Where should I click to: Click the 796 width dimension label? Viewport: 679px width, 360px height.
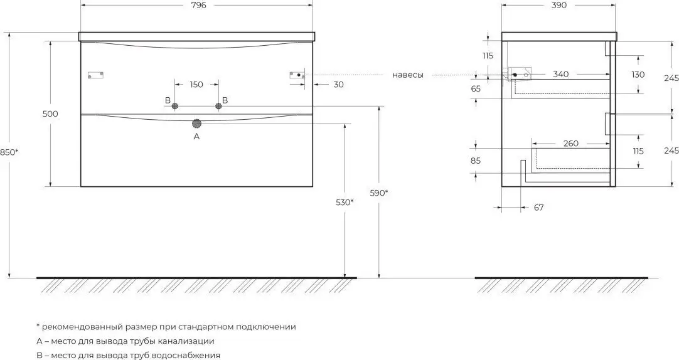click(197, 5)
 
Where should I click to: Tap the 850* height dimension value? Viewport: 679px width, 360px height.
click(9, 152)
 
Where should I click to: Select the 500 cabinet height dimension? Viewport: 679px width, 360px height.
click(50, 114)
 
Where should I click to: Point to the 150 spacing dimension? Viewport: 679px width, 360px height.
click(196, 85)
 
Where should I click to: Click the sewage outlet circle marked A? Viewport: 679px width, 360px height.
click(197, 124)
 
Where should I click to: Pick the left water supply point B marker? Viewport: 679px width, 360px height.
click(175, 107)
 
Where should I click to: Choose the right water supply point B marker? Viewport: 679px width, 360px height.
click(218, 107)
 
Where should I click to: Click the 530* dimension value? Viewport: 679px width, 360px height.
click(345, 202)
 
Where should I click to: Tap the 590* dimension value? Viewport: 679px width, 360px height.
click(378, 193)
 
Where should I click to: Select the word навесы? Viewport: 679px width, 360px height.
click(408, 75)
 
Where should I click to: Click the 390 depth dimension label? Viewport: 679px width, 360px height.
click(559, 5)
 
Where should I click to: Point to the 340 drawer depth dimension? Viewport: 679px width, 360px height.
click(561, 75)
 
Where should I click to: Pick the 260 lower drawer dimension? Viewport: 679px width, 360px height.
click(571, 144)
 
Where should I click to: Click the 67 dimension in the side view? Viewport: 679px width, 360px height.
click(538, 208)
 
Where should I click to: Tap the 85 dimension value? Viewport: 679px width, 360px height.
click(476, 161)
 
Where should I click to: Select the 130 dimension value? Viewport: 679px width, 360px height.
click(638, 75)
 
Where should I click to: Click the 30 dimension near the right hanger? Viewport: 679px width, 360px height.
click(339, 85)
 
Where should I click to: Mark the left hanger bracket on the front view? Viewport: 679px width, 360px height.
click(96, 75)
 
